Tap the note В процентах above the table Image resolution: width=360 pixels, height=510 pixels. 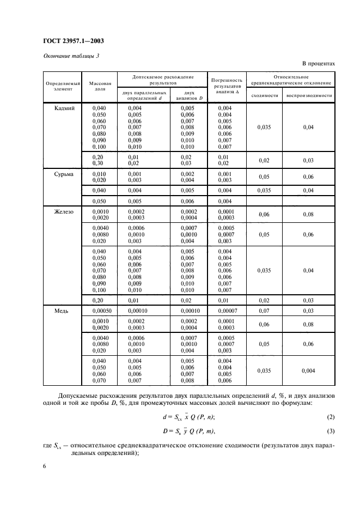pos(314,64)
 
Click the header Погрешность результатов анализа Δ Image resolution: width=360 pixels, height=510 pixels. pos(228,86)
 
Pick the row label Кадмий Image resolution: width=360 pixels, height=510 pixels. pos(63,108)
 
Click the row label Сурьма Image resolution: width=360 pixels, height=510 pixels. pos(63,174)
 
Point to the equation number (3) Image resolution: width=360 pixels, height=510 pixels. pos(330,432)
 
